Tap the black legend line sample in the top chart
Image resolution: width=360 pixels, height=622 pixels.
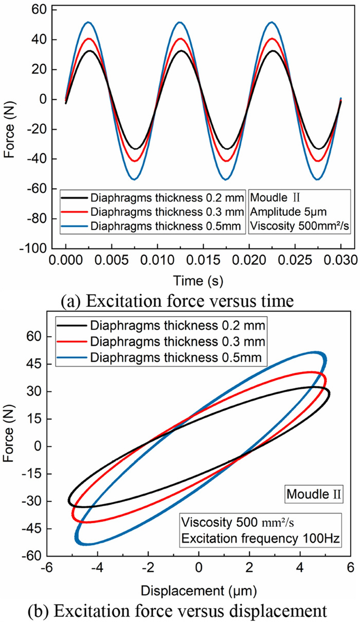[x=74, y=196]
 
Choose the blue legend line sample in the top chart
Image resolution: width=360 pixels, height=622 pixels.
[x=74, y=225]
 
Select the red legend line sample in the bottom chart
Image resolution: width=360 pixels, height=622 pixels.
[x=73, y=340]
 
